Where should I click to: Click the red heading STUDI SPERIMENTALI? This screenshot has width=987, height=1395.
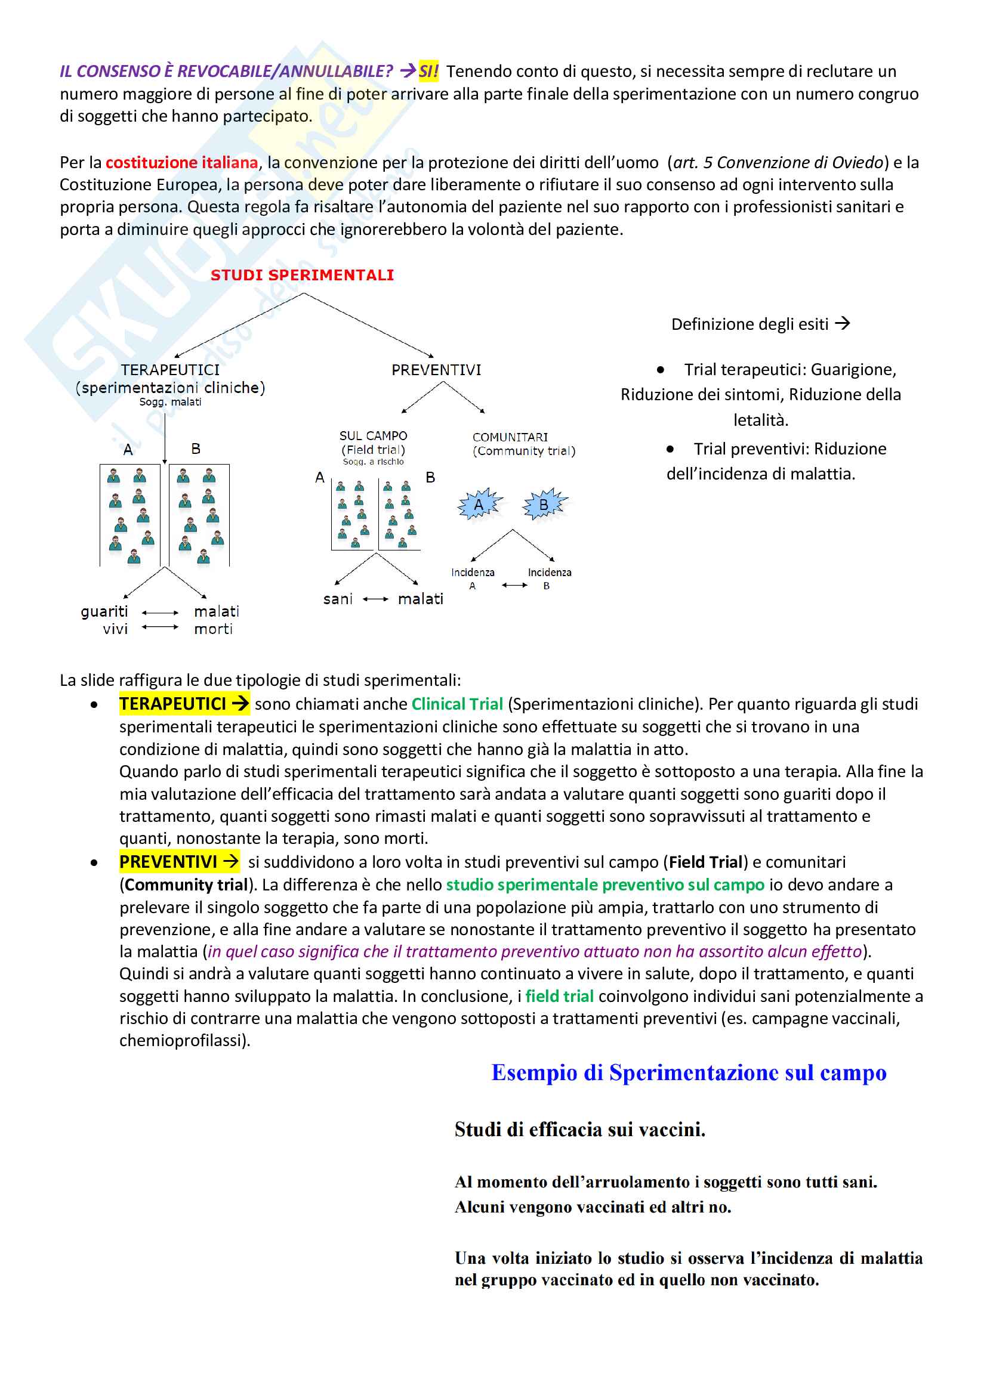pyautogui.click(x=302, y=275)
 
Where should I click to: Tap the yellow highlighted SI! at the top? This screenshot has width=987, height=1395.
pyautogui.click(x=428, y=72)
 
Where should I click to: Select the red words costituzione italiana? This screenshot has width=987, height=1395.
pyautogui.click(x=182, y=163)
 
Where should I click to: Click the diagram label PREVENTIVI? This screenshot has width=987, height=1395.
pyautogui.click(x=436, y=370)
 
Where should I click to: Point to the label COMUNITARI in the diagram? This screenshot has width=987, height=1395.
pyautogui.click(x=510, y=437)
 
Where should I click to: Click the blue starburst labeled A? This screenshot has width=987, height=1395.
pyautogui.click(x=479, y=505)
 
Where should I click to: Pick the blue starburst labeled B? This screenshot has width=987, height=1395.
pyautogui.click(x=544, y=505)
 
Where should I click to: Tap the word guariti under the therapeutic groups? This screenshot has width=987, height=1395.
pyautogui.click(x=104, y=611)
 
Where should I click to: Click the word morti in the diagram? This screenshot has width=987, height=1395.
pyautogui.click(x=213, y=629)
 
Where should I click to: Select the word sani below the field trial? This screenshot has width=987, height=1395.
pyautogui.click(x=338, y=599)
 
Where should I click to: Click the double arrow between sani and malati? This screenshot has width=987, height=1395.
pyautogui.click(x=375, y=599)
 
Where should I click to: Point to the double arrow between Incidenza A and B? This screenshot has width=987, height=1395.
pyautogui.click(x=515, y=585)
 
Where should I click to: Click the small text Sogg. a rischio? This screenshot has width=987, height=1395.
pyautogui.click(x=373, y=462)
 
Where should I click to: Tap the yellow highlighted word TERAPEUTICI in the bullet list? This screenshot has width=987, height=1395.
pyautogui.click(x=172, y=704)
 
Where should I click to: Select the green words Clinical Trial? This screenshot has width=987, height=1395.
pyautogui.click(x=457, y=704)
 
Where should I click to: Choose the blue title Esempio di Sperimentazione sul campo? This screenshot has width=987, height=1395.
pyautogui.click(x=689, y=1073)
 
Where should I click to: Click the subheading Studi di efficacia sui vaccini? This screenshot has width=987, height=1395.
pyautogui.click(x=580, y=1130)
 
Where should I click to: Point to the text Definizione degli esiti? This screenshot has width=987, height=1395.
pyautogui.click(x=749, y=324)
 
